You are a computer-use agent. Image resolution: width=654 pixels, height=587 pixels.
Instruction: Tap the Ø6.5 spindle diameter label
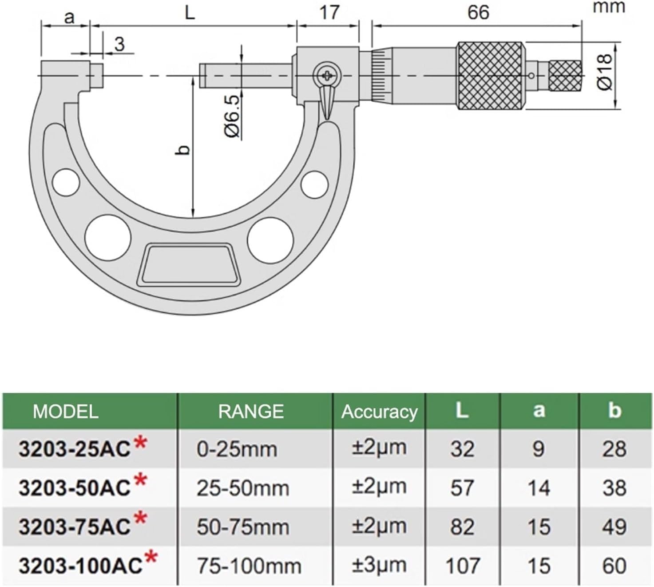233,116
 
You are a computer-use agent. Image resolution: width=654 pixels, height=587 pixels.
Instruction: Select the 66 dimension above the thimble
478,12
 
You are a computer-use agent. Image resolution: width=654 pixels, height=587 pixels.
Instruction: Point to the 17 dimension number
329,12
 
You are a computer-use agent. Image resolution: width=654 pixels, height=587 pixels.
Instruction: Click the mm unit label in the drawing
609,7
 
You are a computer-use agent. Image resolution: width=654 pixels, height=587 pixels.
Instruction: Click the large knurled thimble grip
491,76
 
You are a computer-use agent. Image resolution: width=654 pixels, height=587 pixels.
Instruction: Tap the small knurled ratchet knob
566,76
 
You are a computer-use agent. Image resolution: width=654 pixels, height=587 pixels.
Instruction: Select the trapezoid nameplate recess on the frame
189,264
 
